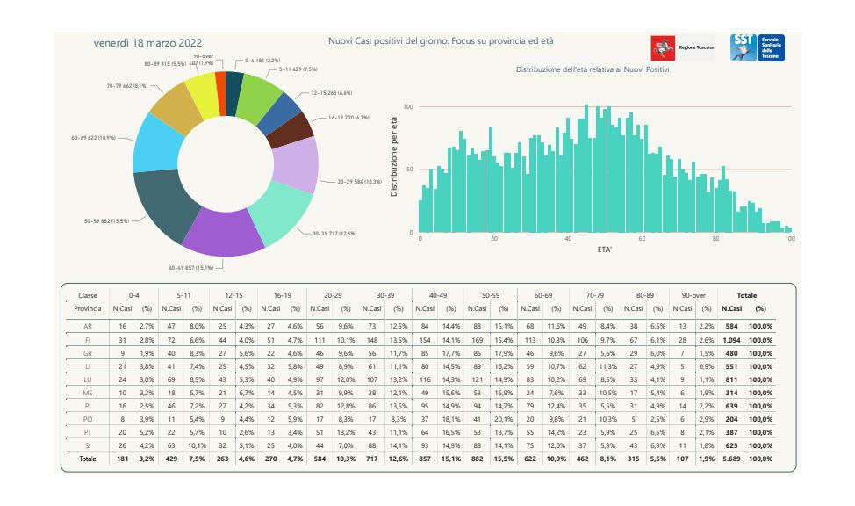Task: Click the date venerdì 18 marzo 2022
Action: pyautogui.click(x=147, y=42)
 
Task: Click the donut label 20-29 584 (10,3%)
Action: pyautogui.click(x=361, y=182)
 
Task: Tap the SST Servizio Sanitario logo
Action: pyautogui.click(x=756, y=47)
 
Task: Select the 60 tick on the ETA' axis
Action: pyautogui.click(x=643, y=239)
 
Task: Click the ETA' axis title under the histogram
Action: pyautogui.click(x=605, y=249)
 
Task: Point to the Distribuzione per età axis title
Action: pyautogui.click(x=395, y=155)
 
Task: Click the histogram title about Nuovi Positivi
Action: pyautogui.click(x=593, y=69)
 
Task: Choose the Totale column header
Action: pyautogui.click(x=746, y=295)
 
